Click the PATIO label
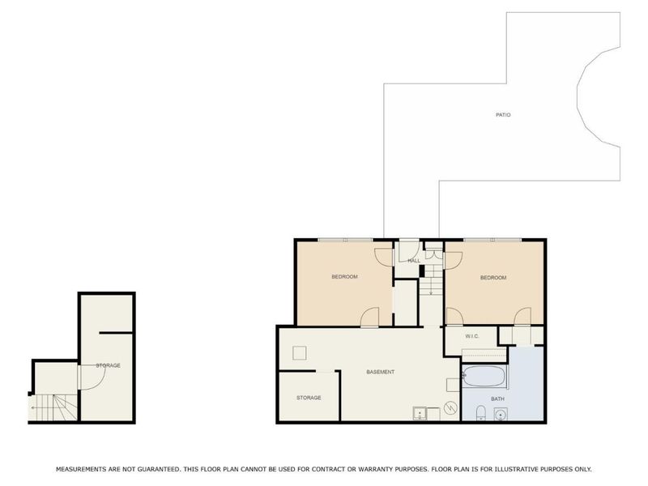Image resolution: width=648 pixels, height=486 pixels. point(503,114)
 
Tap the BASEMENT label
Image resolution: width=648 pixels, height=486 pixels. point(380,372)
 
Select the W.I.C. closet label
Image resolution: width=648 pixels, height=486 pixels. point(472,336)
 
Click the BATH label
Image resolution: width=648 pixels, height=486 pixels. point(497,399)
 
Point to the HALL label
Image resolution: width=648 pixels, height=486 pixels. point(414,260)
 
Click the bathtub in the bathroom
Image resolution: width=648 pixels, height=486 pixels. point(484,376)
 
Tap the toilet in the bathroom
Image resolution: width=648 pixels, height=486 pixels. point(480,413)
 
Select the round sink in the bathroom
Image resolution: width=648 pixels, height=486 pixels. point(501,414)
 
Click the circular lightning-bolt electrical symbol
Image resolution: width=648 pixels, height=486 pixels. point(450,408)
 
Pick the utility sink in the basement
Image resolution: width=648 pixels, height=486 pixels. point(420,413)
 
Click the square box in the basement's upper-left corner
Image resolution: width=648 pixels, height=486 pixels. point(299,353)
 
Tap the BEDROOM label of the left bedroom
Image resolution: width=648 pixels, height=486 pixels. point(344,276)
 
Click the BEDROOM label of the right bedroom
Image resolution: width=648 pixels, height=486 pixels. point(493,277)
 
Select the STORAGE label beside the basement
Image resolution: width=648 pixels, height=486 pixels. point(309,398)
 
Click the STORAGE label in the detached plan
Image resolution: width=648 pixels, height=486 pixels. point(109,365)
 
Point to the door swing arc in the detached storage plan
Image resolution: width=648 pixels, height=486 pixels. point(98,382)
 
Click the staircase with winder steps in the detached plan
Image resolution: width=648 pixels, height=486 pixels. point(53,407)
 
